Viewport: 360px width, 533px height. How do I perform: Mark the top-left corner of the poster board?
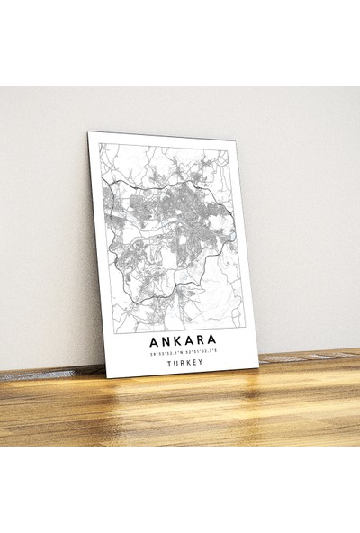(x=88, y=131)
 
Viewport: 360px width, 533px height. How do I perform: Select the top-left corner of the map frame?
(x=98, y=143)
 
